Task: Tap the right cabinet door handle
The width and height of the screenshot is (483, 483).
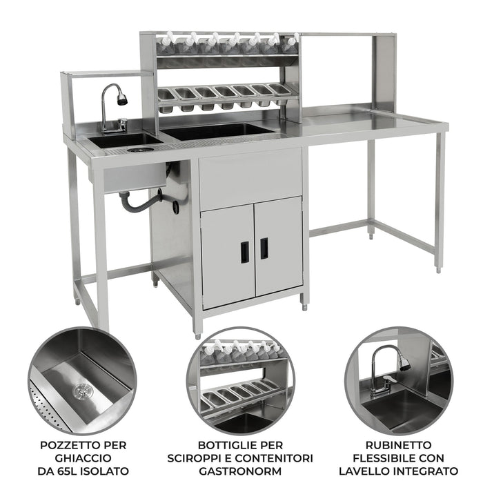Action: (x=264, y=248)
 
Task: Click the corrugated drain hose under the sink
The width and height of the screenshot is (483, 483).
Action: (x=141, y=201)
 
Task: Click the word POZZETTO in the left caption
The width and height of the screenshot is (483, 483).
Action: (x=64, y=444)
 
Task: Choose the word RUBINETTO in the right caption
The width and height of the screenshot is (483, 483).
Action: (x=400, y=444)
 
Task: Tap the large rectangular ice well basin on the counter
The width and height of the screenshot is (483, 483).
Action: (x=217, y=130)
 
